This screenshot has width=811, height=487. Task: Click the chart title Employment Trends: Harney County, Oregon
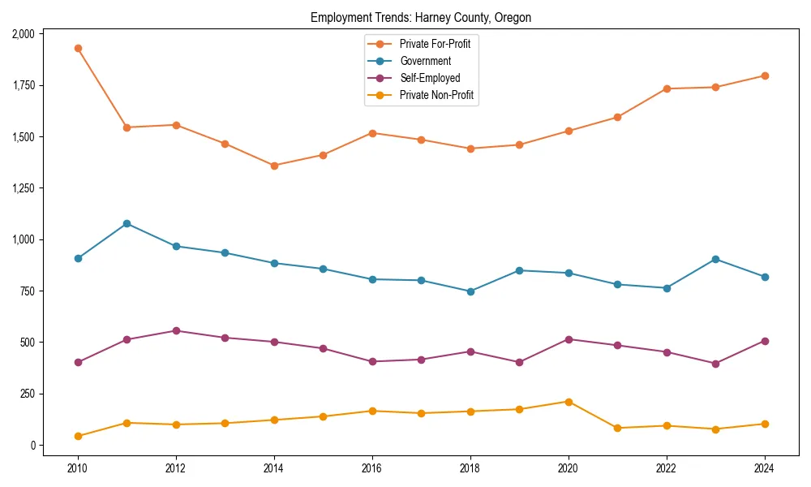pyautogui.click(x=421, y=18)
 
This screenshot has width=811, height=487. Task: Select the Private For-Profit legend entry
pyautogui.click(x=435, y=44)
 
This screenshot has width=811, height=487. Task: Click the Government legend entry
pyautogui.click(x=425, y=61)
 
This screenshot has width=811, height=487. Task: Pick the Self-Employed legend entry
pyautogui.click(x=430, y=79)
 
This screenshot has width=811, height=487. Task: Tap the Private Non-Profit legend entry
pyautogui.click(x=436, y=96)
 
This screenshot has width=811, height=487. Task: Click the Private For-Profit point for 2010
pyautogui.click(x=78, y=48)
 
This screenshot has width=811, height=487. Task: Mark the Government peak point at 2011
pyautogui.click(x=127, y=223)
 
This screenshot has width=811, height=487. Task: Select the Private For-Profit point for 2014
pyautogui.click(x=274, y=166)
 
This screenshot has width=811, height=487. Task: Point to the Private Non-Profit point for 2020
pyautogui.click(x=569, y=402)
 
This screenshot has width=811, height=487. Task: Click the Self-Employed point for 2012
pyautogui.click(x=176, y=331)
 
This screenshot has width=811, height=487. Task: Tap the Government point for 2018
pyautogui.click(x=470, y=291)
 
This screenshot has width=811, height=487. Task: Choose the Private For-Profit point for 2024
pyautogui.click(x=765, y=75)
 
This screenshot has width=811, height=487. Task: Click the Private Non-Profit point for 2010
pyautogui.click(x=78, y=436)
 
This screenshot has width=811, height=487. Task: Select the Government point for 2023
pyautogui.click(x=715, y=259)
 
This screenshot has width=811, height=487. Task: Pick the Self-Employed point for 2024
pyautogui.click(x=765, y=341)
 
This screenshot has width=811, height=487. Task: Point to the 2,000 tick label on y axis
pyautogui.click(x=24, y=34)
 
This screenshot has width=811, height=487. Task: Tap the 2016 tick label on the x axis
pyautogui.click(x=372, y=468)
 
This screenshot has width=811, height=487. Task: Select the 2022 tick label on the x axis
pyautogui.click(x=667, y=468)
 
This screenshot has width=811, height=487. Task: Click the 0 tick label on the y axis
pyautogui.click(x=32, y=446)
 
